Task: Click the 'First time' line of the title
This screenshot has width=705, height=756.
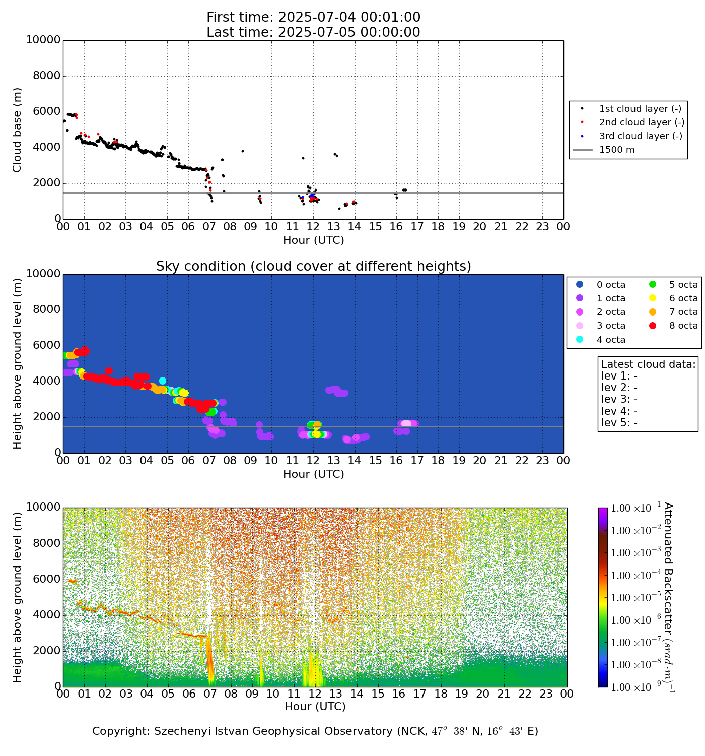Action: point(313,17)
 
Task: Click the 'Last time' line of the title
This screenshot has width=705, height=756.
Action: point(313,32)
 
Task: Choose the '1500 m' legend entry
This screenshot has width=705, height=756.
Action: point(616,150)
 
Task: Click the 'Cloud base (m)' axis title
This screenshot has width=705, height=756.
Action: point(18,130)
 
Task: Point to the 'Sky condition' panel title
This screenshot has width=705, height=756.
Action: point(313,266)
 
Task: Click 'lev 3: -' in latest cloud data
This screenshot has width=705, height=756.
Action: point(619,399)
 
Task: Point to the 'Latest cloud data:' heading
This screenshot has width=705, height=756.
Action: point(648,364)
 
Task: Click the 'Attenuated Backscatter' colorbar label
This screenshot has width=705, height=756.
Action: point(668,597)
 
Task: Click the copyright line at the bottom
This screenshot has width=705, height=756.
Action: point(315,731)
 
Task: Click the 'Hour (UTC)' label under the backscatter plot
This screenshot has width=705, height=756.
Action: point(315,707)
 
